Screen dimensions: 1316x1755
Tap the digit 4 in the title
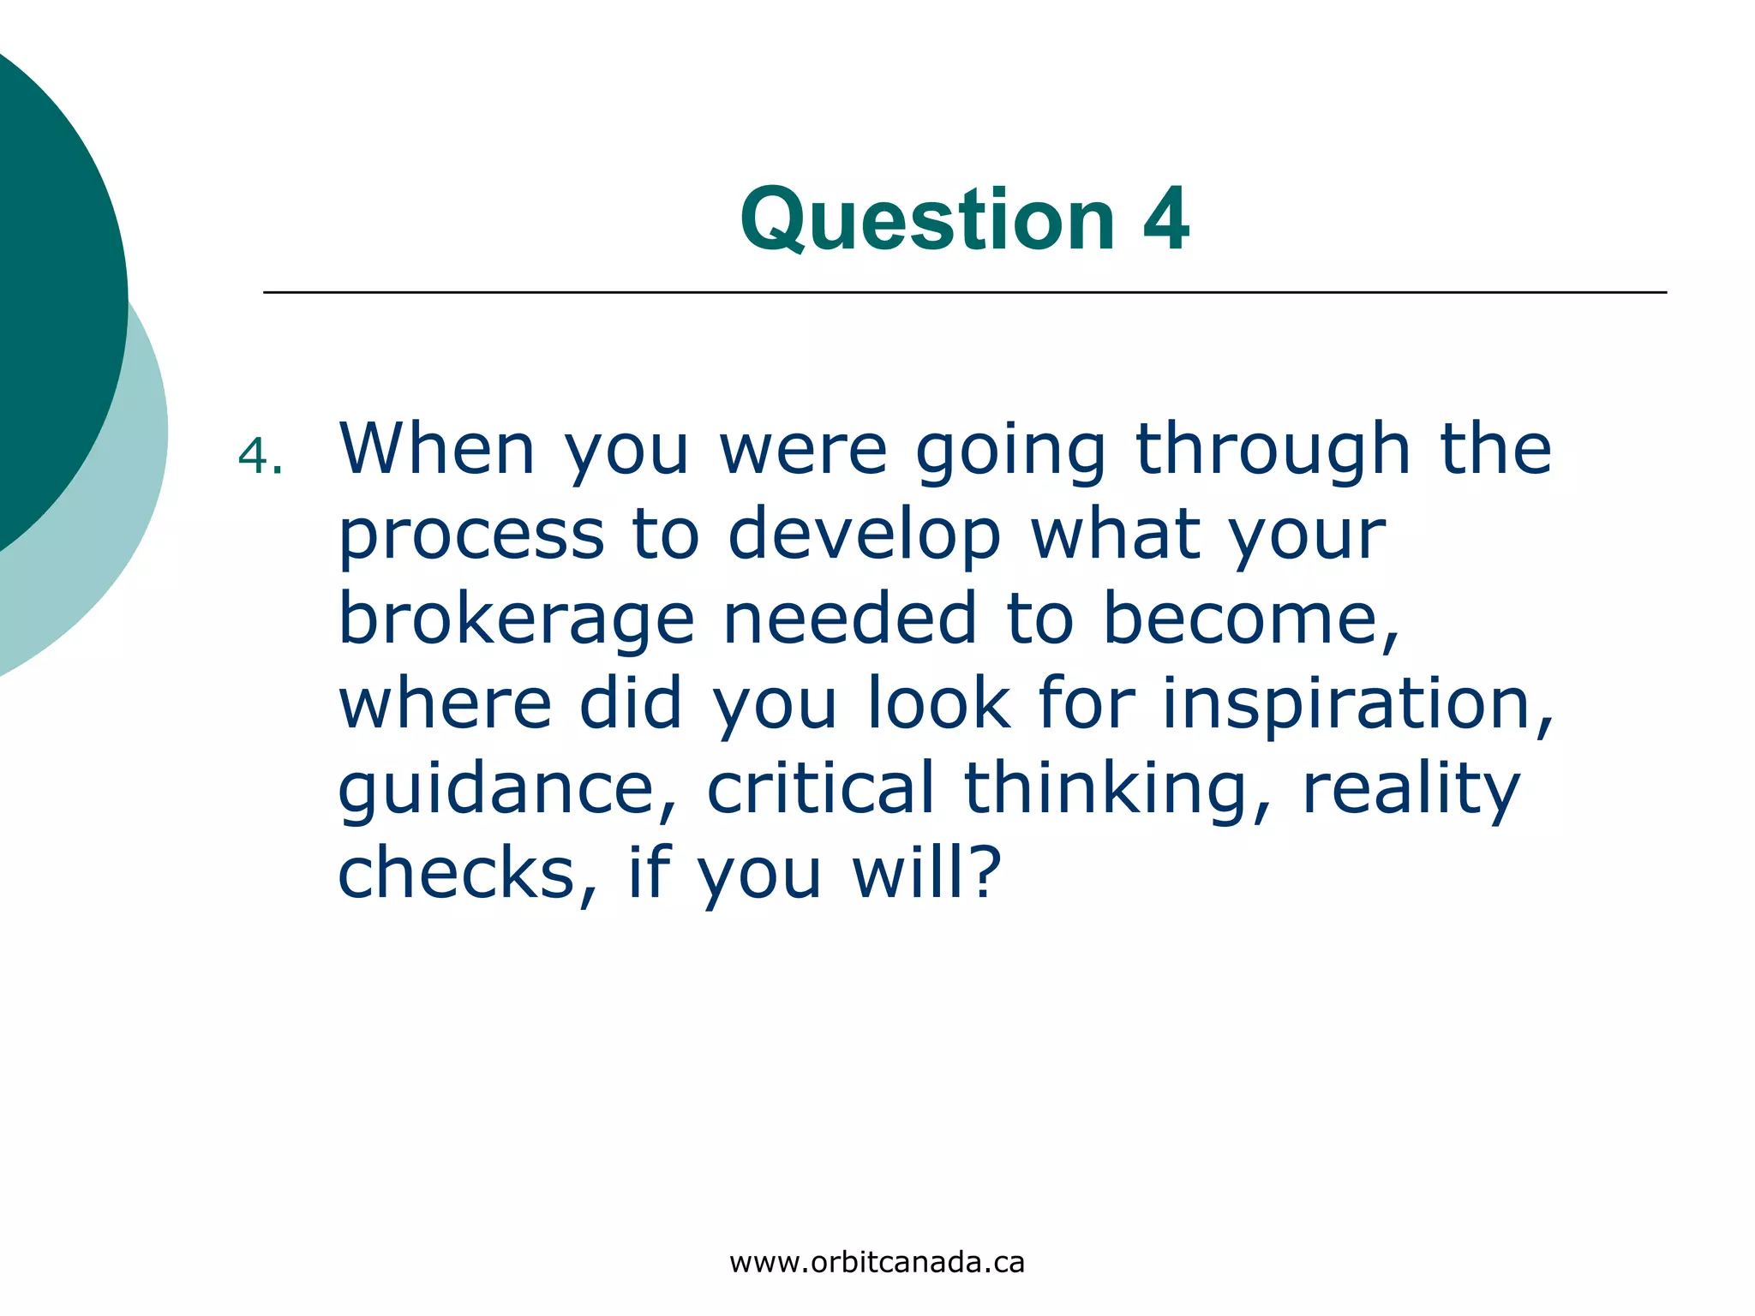pyautogui.click(x=1166, y=219)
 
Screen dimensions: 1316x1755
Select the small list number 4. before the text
pyautogui.click(x=260, y=456)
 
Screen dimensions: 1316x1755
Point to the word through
pyautogui.click(x=1273, y=451)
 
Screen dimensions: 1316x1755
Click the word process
pyautogui.click(x=471, y=536)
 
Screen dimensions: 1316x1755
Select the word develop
pyautogui.click(x=864, y=536)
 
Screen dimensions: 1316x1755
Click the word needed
pyautogui.click(x=849, y=618)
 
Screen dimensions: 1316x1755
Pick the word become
pyautogui.click(x=1251, y=618)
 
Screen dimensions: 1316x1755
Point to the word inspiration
pyautogui.click(x=1357, y=704)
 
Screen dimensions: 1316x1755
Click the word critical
pyautogui.click(x=820, y=787)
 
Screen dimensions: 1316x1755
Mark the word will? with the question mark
pyautogui.click(x=926, y=872)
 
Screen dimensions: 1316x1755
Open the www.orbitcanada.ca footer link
pyautogui.click(x=877, y=1263)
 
